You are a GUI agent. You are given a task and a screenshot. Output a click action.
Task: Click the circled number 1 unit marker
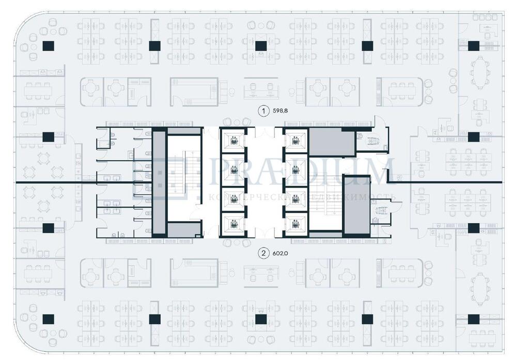[264, 111]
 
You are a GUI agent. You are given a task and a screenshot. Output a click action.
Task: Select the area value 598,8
[281, 111]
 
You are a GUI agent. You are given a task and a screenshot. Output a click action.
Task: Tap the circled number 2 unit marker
[264, 253]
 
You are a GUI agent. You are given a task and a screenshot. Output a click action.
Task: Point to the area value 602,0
[281, 253]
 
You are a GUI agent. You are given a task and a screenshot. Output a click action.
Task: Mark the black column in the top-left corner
[48, 45]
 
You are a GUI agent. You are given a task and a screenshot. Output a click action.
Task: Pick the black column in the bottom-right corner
[473, 319]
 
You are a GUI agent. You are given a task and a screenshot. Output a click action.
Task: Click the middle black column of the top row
[261, 45]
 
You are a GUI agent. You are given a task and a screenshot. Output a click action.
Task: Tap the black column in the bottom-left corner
[48, 319]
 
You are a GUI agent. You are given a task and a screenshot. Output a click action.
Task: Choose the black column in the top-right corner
[473, 45]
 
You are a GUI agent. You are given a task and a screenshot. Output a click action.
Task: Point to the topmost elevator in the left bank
[234, 140]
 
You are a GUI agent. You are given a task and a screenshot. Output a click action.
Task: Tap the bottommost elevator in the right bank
[295, 224]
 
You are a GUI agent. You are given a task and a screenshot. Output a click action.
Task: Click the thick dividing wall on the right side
[449, 182]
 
